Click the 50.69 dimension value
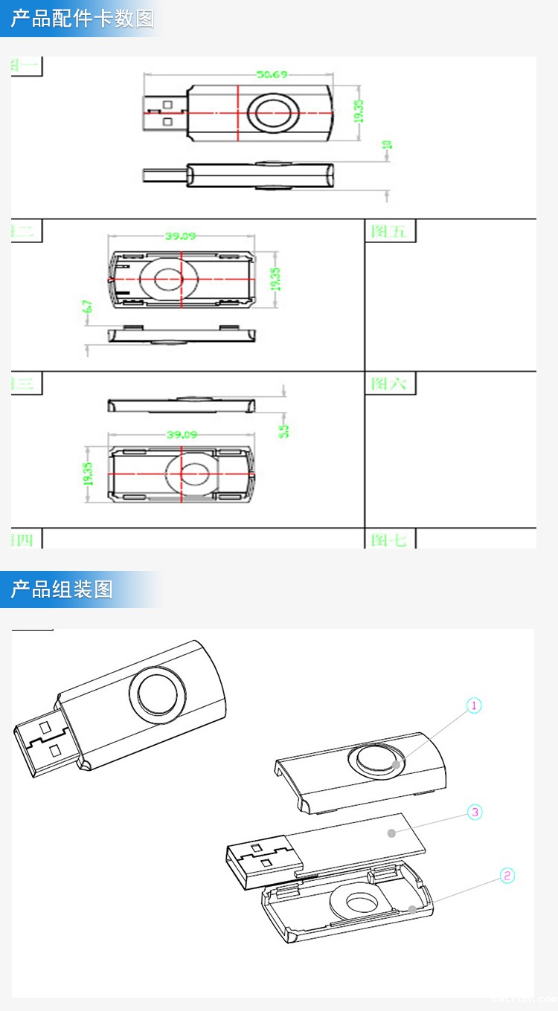point(272,74)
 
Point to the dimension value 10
point(387,145)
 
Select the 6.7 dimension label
point(88,306)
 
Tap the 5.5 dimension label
point(283,430)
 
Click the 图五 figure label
point(389,231)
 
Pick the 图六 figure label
point(389,384)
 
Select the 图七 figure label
point(389,540)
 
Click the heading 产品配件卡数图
point(83,19)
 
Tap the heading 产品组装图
point(62,590)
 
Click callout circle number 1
point(474,705)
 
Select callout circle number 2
point(507,875)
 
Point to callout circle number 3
point(475,812)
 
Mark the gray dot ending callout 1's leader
point(397,763)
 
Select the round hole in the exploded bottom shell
point(362,903)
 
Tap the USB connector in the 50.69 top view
point(164,113)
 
